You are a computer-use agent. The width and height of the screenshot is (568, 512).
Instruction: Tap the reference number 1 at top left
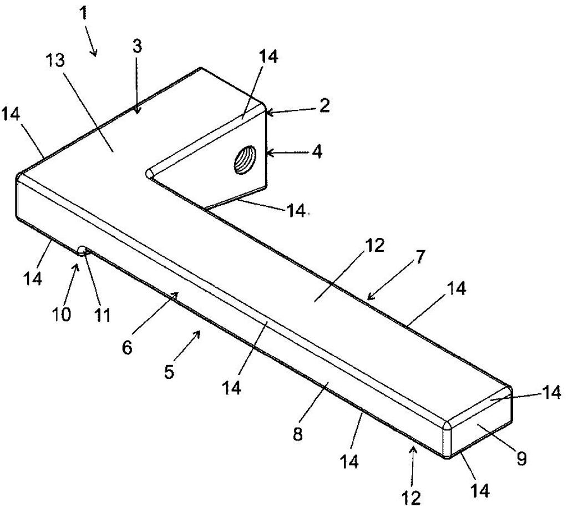pos(84,14)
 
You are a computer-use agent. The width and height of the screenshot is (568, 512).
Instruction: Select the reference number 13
pos(55,60)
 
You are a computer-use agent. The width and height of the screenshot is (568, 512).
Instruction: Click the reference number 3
pos(137,47)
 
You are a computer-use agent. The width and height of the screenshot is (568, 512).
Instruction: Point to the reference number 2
pos(324,105)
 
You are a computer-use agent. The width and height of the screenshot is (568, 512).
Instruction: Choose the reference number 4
pos(316,152)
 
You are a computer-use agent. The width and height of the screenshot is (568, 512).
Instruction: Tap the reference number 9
pos(521,459)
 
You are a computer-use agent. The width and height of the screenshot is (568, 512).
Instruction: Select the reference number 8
pos(297,433)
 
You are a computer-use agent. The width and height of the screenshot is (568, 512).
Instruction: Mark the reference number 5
pos(169,371)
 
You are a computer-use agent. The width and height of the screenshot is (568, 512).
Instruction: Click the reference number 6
pos(127,347)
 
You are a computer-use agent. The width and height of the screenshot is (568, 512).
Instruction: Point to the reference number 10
pos(62,314)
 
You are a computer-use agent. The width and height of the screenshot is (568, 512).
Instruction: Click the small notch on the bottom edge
pos(83,250)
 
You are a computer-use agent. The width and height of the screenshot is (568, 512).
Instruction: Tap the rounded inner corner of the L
pos(149,174)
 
